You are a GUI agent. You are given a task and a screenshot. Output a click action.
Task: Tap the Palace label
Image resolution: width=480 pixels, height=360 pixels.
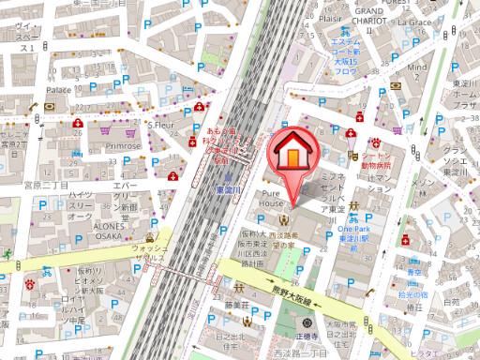pyautogui.click(x=59, y=90)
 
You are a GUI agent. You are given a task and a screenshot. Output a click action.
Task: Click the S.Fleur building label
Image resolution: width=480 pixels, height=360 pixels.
pyautogui.click(x=162, y=124)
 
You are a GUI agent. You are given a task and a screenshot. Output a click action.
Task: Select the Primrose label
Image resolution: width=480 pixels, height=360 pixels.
pyautogui.click(x=123, y=146)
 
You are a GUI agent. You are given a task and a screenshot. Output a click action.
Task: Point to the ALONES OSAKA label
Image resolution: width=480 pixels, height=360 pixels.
pyautogui.click(x=93, y=232)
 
